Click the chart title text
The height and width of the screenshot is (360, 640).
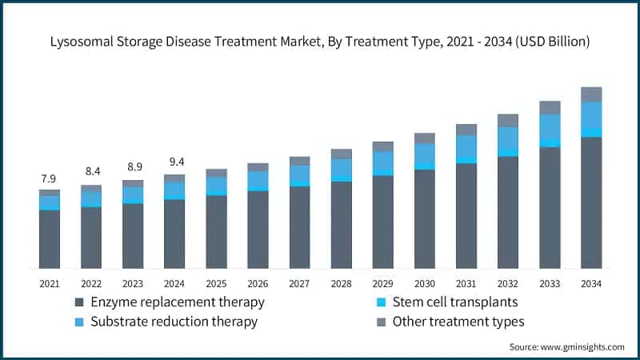(320, 42)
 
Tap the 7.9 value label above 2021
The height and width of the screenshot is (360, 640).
(50, 178)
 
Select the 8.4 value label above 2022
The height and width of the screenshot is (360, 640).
(91, 171)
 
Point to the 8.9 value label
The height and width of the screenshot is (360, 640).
(133, 166)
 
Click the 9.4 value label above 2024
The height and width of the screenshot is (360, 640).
(174, 162)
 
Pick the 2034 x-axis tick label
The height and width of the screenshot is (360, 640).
(591, 283)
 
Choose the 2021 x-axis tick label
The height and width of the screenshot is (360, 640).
(50, 283)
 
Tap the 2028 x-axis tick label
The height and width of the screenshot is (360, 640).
(341, 283)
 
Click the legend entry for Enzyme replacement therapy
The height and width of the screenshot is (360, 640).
(176, 302)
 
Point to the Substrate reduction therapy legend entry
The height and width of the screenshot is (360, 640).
(173, 322)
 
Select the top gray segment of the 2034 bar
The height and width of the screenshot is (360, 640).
(591, 94)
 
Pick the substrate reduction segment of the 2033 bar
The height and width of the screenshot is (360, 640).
(550, 126)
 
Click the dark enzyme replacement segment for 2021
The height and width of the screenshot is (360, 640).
(50, 238)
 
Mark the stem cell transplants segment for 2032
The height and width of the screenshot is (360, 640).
(508, 152)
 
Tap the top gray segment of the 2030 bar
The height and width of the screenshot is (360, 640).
(425, 138)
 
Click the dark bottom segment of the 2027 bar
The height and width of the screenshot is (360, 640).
(299, 226)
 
